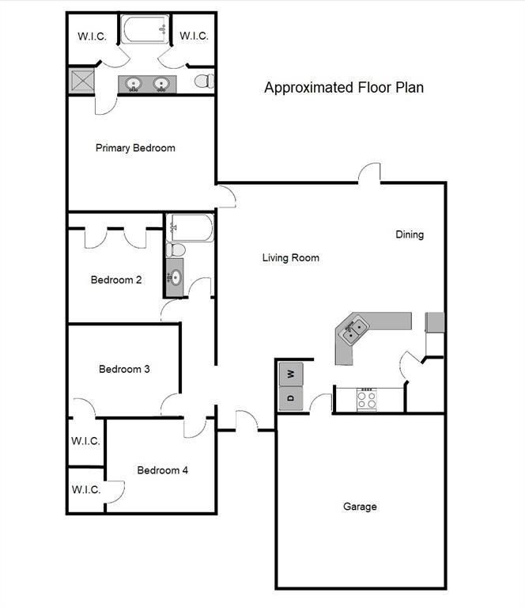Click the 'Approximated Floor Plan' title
coord(343,88)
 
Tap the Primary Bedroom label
coord(135,148)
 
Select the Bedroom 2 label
coord(116,279)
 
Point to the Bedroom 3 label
coord(124,369)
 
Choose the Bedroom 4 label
coord(163,470)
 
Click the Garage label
coord(360,507)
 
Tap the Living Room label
coord(291,257)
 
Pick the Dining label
coord(410,234)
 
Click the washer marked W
coord(291,373)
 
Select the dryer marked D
coord(291,397)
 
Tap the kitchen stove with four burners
coord(367,399)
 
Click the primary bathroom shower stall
coord(81,82)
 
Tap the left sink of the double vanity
coord(134,84)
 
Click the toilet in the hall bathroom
coord(176,250)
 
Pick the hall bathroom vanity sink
coord(175,278)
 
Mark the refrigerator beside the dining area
coord(435,322)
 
